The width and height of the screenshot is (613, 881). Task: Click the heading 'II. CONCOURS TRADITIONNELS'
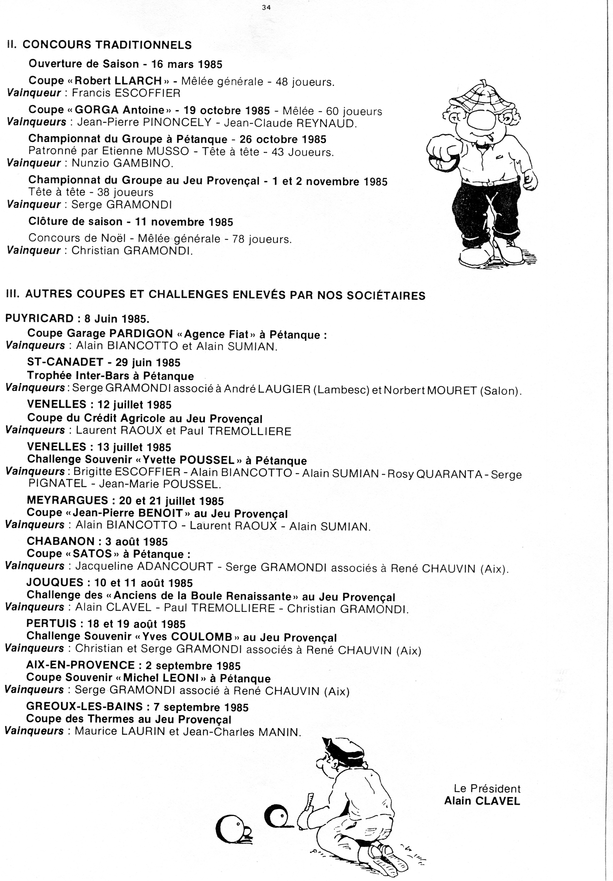click(99, 45)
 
